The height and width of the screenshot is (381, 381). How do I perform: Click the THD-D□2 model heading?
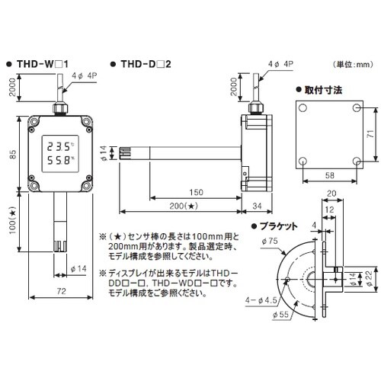point(145,66)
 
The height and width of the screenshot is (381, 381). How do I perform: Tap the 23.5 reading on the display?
point(59,145)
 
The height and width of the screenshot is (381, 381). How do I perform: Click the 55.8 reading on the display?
point(59,161)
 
